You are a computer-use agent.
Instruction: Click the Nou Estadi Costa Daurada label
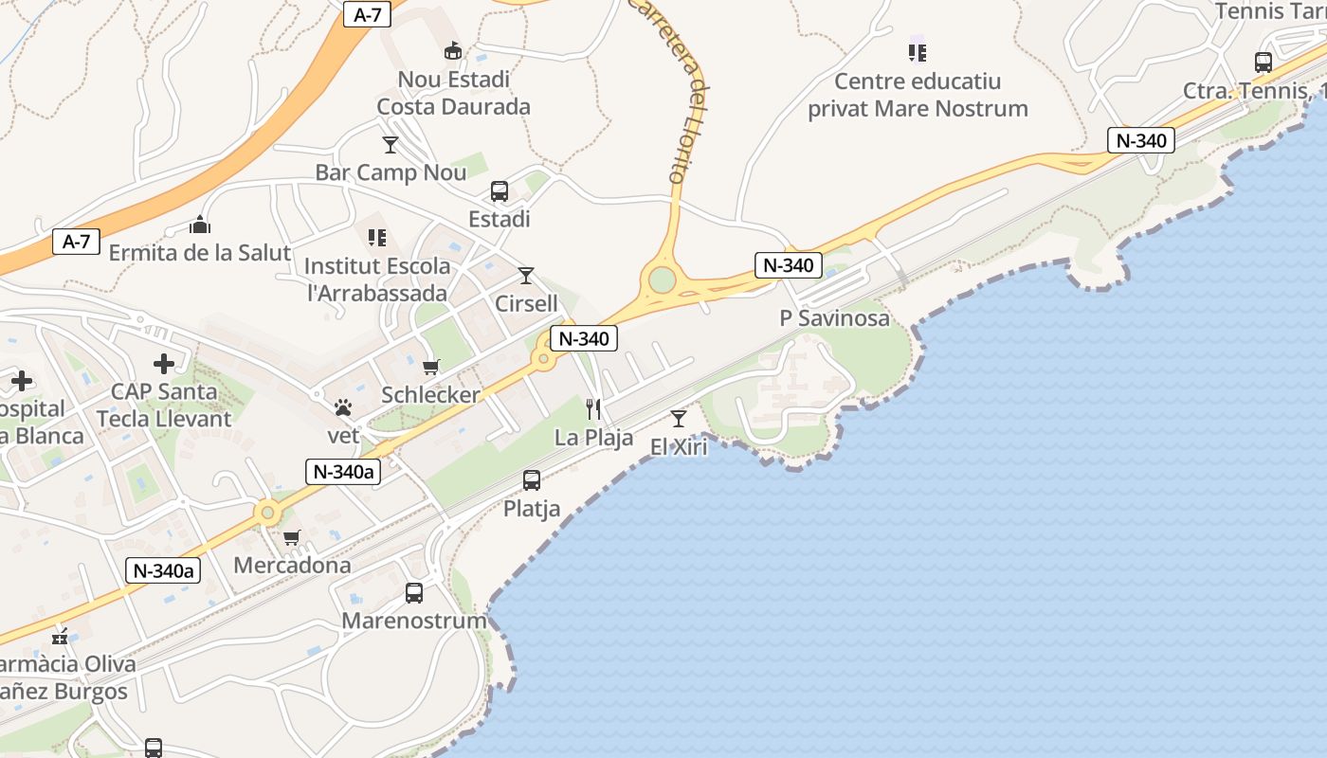(x=453, y=93)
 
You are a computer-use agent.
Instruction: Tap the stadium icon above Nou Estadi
(x=453, y=50)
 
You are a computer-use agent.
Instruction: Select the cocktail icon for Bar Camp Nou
(x=391, y=145)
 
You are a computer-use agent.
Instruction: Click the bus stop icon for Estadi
(x=500, y=191)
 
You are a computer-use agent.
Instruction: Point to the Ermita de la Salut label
(x=199, y=253)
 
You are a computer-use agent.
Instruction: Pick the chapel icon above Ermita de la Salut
(x=200, y=225)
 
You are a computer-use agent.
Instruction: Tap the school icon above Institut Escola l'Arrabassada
(x=377, y=237)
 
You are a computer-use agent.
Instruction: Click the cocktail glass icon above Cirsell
(x=526, y=276)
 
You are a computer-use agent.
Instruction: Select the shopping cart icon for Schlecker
(x=431, y=367)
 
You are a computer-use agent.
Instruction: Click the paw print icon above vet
(x=343, y=407)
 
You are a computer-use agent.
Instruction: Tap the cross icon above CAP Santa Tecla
(x=164, y=363)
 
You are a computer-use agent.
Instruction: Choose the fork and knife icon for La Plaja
(x=593, y=409)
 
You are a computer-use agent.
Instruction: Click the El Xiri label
(x=679, y=447)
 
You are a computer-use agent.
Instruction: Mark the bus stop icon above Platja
(x=532, y=480)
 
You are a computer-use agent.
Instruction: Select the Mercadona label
(x=292, y=566)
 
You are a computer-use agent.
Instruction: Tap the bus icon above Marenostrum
(x=414, y=593)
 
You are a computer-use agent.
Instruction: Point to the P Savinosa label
(x=834, y=318)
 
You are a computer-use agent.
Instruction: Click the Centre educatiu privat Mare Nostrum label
(x=918, y=95)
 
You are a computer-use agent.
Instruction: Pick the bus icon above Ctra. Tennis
(x=1263, y=63)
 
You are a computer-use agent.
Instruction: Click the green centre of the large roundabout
(x=663, y=280)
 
